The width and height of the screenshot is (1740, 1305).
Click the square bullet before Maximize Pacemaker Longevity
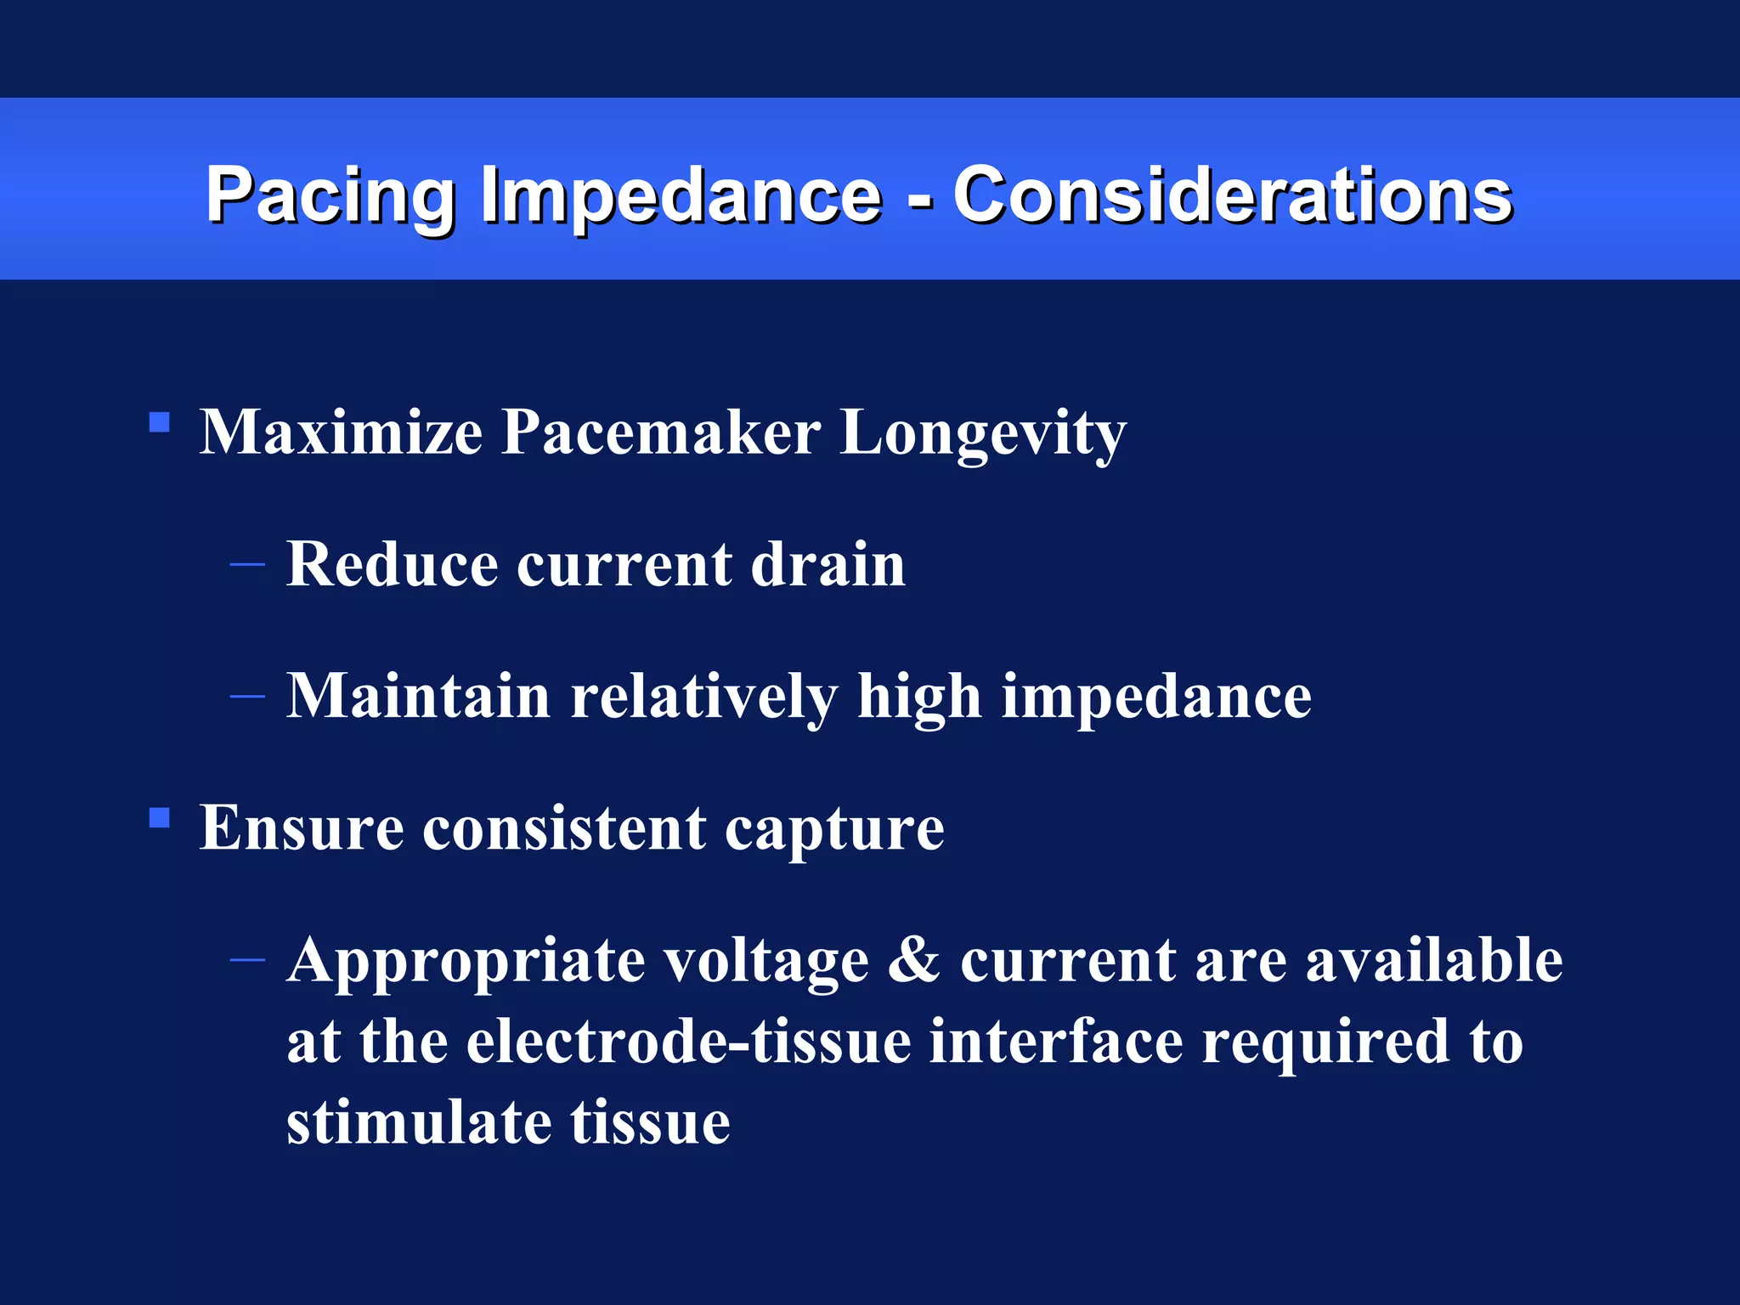(x=159, y=423)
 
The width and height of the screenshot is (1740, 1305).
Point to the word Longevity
(x=983, y=433)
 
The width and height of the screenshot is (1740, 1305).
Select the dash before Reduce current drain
(x=247, y=564)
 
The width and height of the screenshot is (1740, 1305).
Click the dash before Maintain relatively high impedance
(x=247, y=697)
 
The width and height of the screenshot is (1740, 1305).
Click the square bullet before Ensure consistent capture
(x=159, y=818)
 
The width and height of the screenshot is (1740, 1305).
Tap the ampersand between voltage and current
(x=914, y=960)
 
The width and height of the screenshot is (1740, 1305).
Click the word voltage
(x=766, y=962)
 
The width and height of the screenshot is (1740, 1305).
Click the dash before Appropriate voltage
(x=247, y=960)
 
